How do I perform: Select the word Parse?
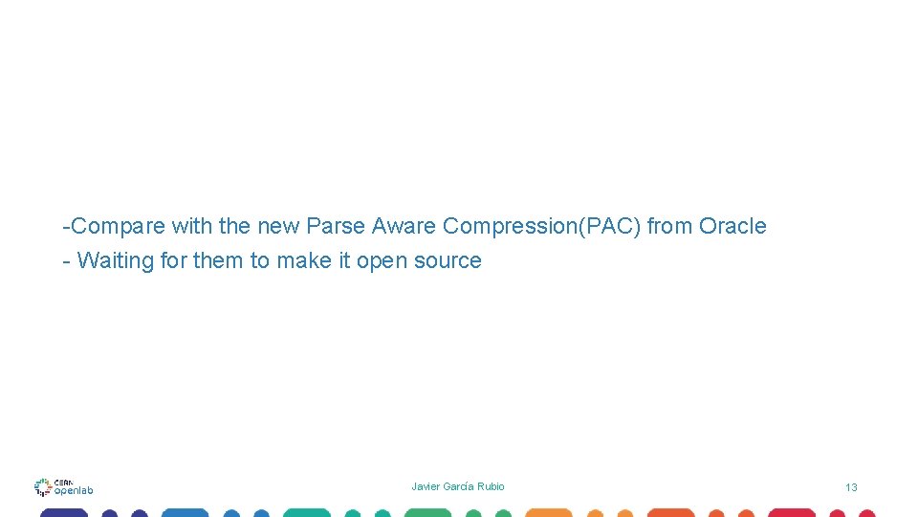coord(336,227)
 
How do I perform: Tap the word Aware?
coord(404,227)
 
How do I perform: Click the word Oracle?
coord(732,227)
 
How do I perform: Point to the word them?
coord(219,260)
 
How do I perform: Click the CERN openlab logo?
coord(63,487)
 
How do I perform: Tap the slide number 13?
coord(851,487)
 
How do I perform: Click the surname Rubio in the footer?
coord(491,486)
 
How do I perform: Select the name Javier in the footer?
coord(426,486)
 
